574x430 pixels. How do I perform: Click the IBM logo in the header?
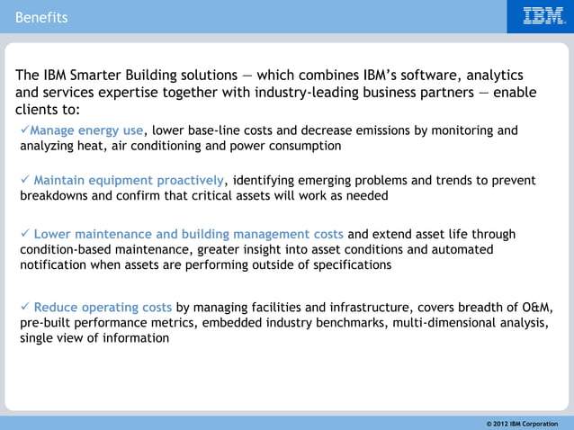[544, 16]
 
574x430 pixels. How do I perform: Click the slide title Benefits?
[40, 17]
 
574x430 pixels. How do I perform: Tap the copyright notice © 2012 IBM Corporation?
[522, 423]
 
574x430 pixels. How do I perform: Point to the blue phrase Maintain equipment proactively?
[129, 179]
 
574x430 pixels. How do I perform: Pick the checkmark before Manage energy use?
[25, 130]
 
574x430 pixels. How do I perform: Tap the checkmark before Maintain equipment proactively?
[25, 179]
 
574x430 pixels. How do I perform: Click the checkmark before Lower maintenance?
[25, 234]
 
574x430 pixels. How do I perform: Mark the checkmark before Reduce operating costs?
[25, 308]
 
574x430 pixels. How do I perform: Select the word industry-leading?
[283, 93]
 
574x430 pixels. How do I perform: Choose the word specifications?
[346, 264]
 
